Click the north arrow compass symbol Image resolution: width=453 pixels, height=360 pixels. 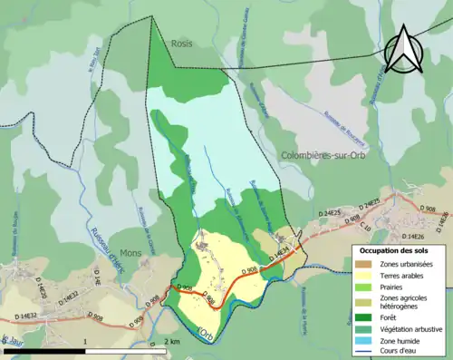[x=405, y=49]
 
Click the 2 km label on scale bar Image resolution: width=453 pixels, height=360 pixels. [x=172, y=342]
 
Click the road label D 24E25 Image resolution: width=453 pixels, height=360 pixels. [x=363, y=203]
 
